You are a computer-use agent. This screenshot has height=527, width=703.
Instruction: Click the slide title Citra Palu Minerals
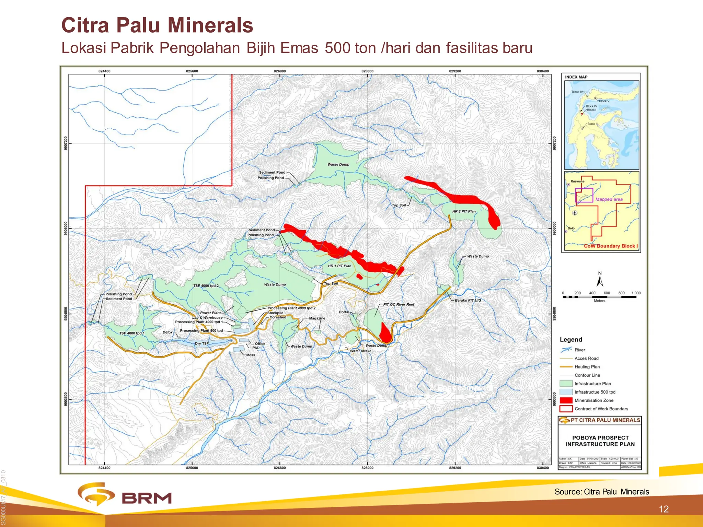[x=157, y=25]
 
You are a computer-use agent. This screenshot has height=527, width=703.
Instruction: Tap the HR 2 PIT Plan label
[x=464, y=211]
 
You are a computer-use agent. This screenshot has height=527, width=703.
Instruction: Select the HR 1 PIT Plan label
[x=339, y=266]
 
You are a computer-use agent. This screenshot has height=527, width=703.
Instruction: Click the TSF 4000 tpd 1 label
[x=132, y=333]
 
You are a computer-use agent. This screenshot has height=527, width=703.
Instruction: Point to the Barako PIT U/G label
[x=468, y=300]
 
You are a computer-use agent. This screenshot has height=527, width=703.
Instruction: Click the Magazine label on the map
[x=317, y=318]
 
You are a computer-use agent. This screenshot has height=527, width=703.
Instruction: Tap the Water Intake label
[x=360, y=351]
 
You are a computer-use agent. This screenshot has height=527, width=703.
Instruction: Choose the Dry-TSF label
[x=201, y=343]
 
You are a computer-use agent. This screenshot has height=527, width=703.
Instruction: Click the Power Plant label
[x=210, y=313]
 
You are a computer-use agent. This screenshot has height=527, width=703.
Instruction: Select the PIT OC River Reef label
[x=399, y=304]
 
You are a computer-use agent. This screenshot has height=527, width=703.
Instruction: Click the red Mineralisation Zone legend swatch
[x=566, y=400]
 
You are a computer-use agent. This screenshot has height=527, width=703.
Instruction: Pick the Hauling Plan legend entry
[x=587, y=367]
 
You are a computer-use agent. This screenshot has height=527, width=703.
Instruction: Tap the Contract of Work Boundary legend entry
[x=601, y=409]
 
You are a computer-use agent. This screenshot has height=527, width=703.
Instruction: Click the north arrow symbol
[x=600, y=280]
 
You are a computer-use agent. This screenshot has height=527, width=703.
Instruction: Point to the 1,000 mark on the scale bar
[x=636, y=293]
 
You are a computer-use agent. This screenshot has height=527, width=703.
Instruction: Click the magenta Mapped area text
[x=609, y=199]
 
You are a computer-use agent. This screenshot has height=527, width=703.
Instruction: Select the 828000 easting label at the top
[x=367, y=71]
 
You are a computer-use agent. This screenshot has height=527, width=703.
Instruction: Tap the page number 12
[x=664, y=509]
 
